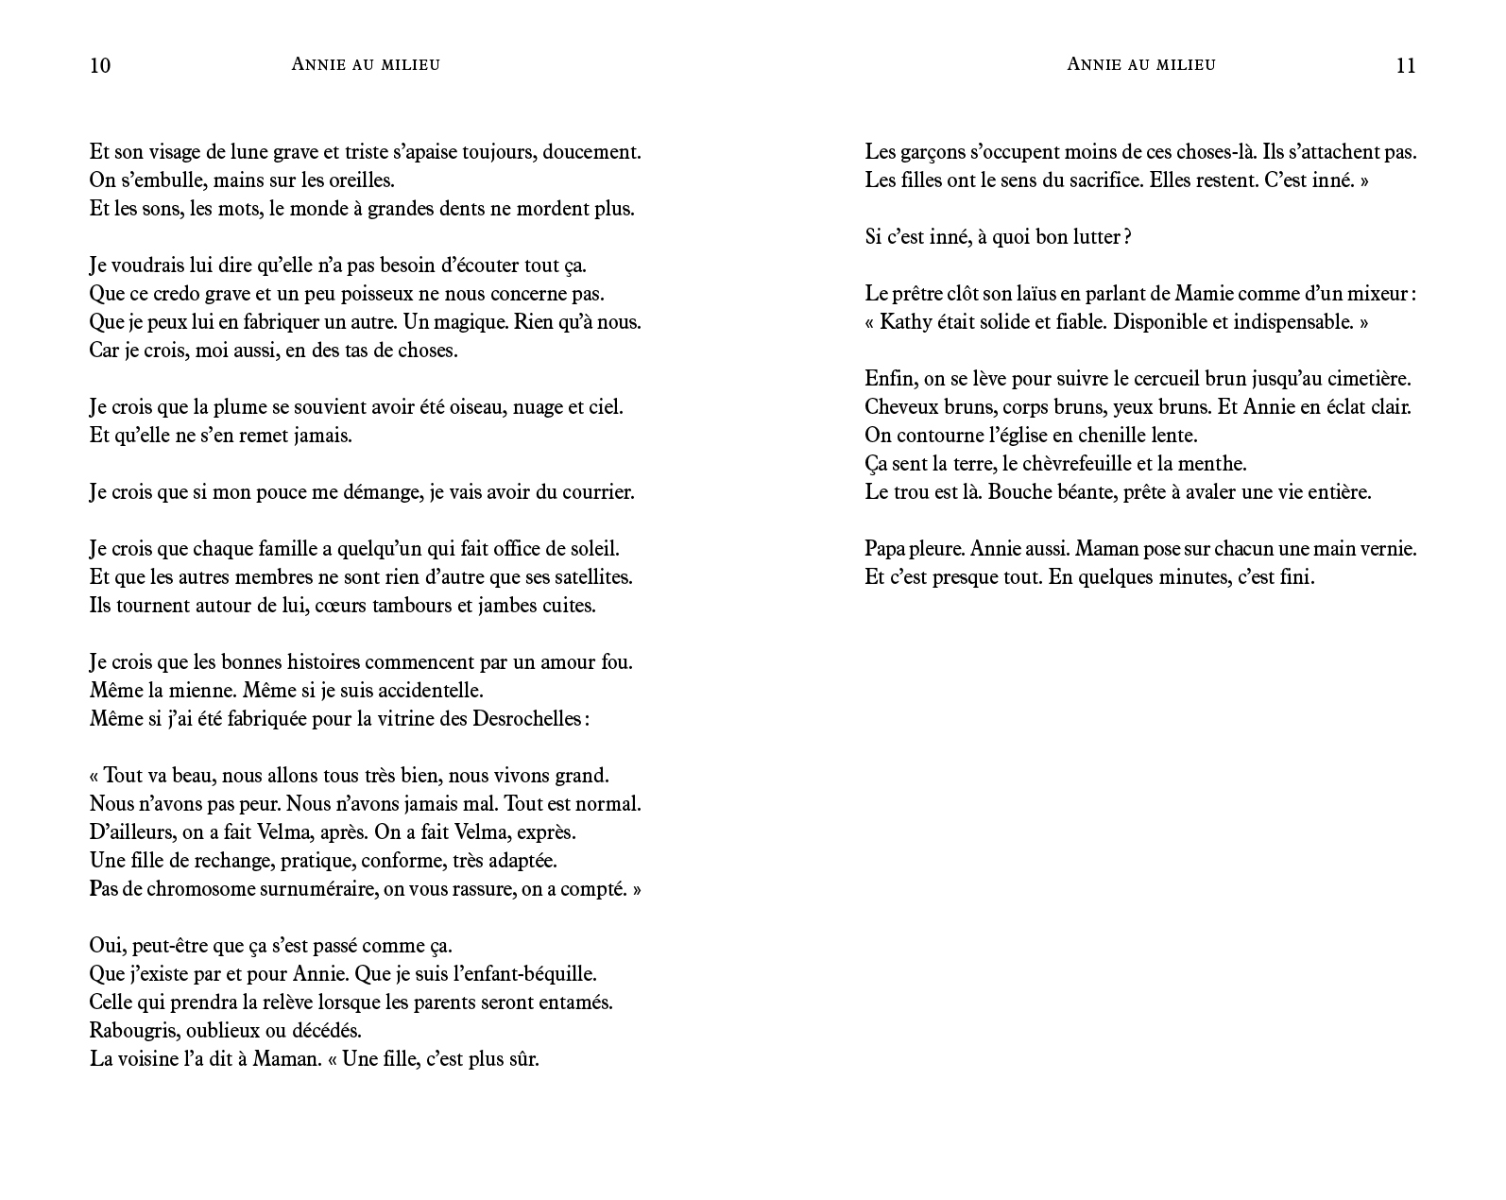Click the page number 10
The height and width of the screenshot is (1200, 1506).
100,65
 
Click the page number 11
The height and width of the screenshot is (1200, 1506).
1405,65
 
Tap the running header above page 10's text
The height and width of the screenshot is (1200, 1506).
366,64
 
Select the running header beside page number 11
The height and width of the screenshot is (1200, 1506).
1140,64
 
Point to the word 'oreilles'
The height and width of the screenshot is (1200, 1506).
359,180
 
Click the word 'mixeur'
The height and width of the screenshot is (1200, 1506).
1378,294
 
